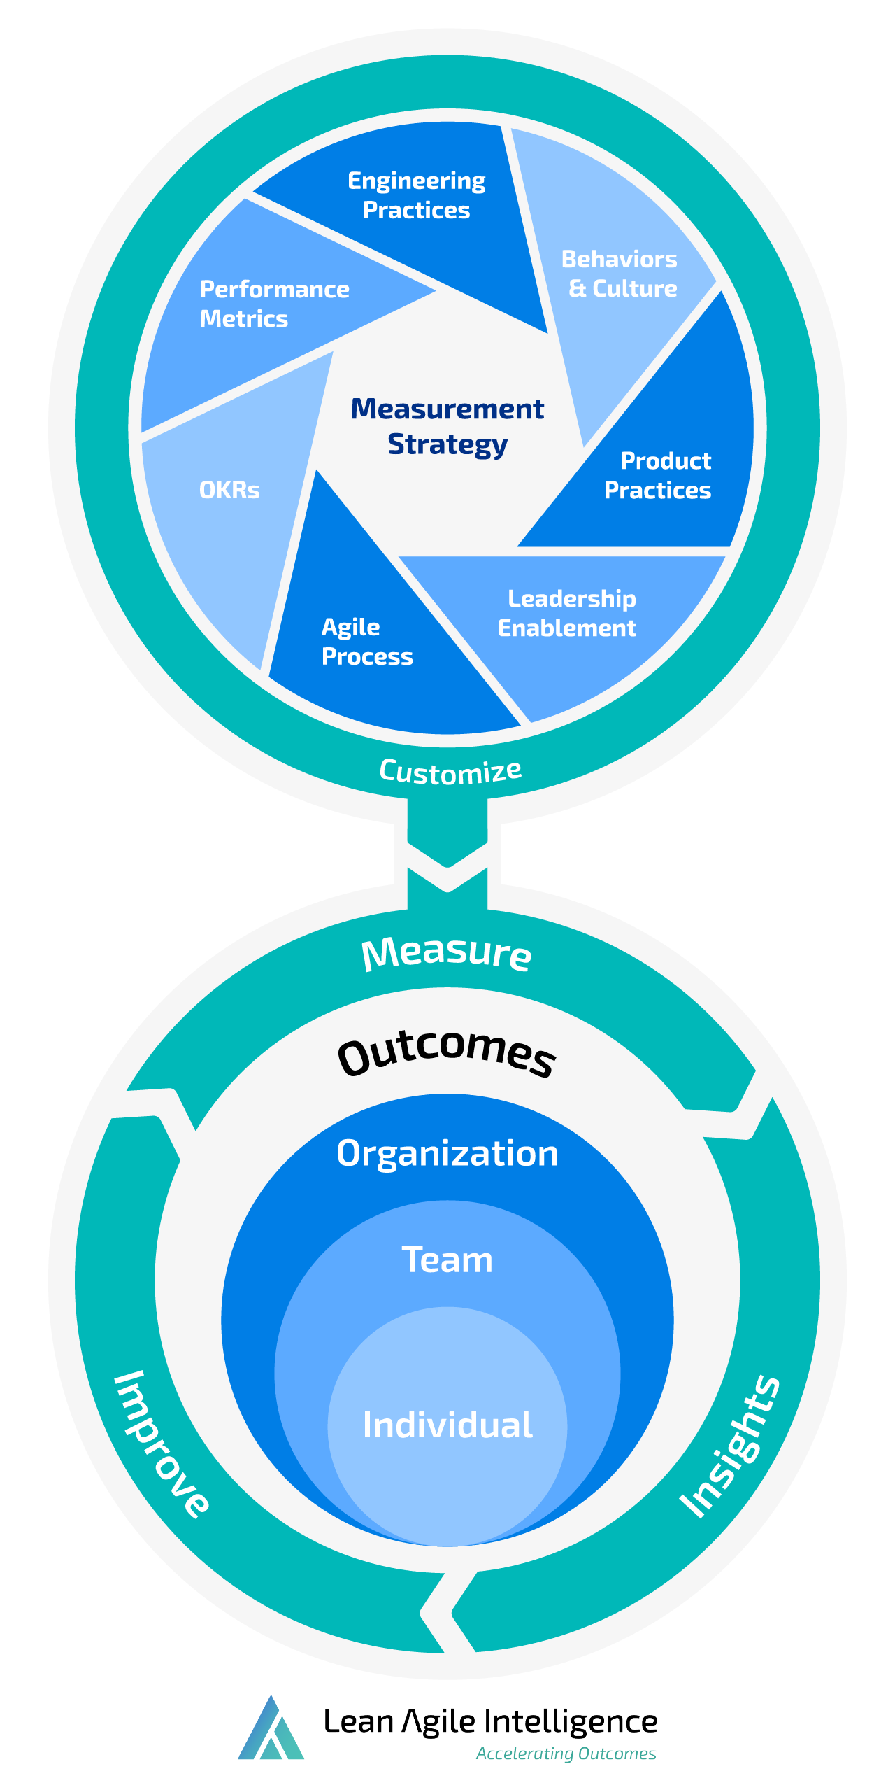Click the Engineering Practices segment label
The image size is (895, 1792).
[417, 195]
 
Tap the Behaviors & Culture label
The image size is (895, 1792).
[620, 274]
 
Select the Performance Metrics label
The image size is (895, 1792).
[274, 304]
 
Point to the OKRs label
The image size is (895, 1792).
[229, 490]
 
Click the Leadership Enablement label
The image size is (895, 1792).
[568, 613]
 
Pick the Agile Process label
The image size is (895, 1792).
[366, 642]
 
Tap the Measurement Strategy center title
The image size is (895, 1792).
[447, 426]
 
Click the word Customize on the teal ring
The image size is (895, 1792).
[450, 772]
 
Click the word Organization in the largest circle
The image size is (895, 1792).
[447, 1153]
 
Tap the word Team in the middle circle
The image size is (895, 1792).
[447, 1260]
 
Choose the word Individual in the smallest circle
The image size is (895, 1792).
[447, 1425]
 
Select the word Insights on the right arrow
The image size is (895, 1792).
[729, 1447]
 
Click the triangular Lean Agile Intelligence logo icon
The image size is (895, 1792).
[271, 1730]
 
